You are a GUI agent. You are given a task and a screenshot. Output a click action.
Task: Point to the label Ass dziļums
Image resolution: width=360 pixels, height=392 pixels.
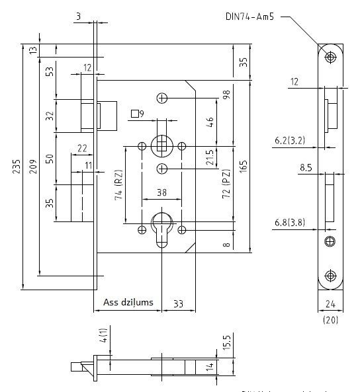(128, 303)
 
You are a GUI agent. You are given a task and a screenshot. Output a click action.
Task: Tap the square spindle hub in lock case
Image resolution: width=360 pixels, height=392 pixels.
(161, 145)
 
